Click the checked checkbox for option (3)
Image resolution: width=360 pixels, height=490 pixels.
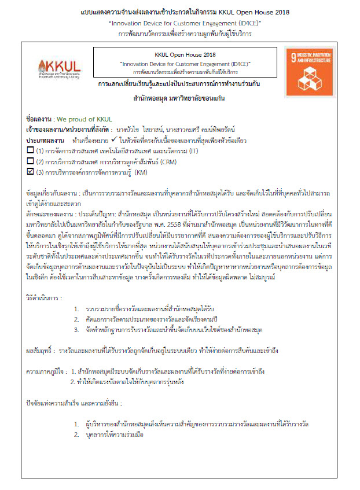click(x=31, y=172)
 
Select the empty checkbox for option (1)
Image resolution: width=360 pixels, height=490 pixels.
click(x=31, y=150)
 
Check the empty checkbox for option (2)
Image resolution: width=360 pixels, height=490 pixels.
click(x=31, y=161)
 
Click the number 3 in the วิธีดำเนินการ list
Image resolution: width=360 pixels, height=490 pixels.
click(x=76, y=330)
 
